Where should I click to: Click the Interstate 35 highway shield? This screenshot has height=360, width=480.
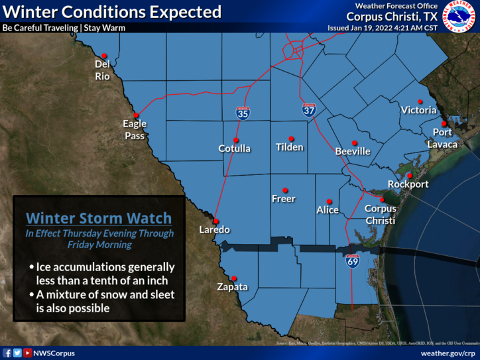(243, 113)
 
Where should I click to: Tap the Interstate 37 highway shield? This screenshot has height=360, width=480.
(309, 110)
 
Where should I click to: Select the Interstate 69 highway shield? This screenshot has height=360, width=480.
(353, 261)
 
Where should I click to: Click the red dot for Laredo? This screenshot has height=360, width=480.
(216, 221)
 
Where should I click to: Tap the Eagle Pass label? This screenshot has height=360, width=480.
(135, 129)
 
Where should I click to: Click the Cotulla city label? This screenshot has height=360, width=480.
(235, 149)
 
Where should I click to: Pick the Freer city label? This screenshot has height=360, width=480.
(284, 198)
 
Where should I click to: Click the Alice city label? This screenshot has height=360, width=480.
(328, 210)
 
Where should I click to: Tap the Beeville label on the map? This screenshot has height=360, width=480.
(353, 151)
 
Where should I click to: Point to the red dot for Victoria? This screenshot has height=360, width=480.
(419, 101)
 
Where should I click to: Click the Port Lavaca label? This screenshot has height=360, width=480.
(442, 138)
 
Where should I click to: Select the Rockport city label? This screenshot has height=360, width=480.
(408, 184)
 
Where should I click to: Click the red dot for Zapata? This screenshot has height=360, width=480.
(233, 278)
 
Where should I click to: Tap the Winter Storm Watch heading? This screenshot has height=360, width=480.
(99, 218)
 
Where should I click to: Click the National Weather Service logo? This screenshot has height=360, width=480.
(460, 16)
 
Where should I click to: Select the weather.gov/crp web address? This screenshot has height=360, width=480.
(448, 353)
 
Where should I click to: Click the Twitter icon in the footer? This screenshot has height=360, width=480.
(17, 353)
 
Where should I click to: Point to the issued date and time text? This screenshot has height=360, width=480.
(383, 28)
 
